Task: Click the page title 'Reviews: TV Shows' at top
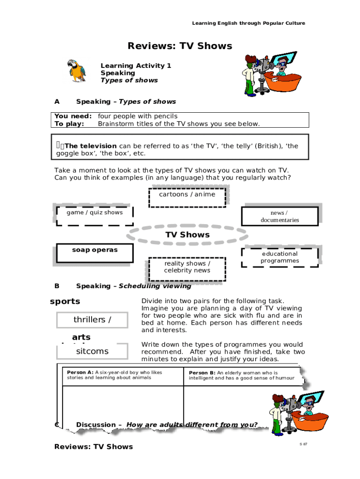tap(180, 46)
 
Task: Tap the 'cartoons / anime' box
tap(187, 196)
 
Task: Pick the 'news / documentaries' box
tap(280, 216)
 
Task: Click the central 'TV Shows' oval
tap(187, 235)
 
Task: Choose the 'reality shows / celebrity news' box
tap(187, 268)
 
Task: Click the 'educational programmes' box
tap(280, 257)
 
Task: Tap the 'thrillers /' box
tap(92, 320)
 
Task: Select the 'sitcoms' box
tap(92, 351)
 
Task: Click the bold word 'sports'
tap(65, 301)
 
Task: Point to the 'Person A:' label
tap(80, 372)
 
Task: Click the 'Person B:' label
tap(202, 373)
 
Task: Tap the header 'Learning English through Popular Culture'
tap(249, 23)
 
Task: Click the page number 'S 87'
tap(303, 443)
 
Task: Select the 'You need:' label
tap(73, 116)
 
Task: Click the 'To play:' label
tap(70, 124)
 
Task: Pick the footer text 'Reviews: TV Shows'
tap(94, 447)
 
